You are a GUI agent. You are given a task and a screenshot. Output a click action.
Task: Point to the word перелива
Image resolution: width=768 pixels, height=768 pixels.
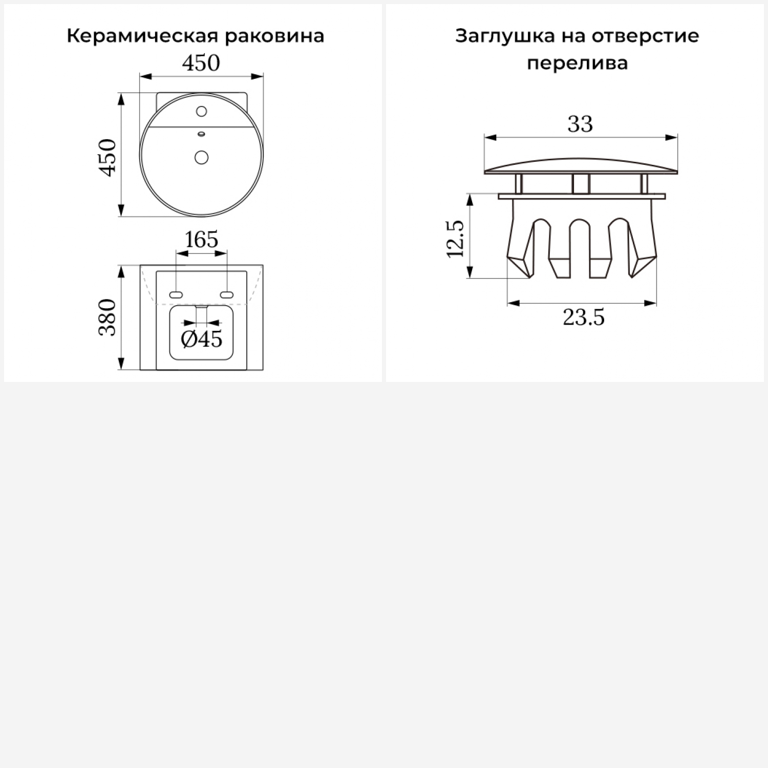577,63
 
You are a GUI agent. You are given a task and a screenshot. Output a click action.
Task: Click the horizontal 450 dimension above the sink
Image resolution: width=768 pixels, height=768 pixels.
201,63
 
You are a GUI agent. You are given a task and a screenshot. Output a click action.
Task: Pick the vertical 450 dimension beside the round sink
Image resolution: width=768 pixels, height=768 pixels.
108,157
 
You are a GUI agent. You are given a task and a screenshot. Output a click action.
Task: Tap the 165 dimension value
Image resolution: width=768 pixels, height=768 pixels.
201,239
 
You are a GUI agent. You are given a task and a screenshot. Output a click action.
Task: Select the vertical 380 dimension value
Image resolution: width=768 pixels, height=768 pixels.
108,317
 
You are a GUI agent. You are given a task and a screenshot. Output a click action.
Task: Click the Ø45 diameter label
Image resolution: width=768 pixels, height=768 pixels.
202,338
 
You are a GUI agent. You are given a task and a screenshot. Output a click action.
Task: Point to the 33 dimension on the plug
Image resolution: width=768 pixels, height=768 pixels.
580,124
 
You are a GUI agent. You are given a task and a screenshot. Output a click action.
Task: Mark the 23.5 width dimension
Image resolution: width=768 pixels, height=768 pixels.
584,317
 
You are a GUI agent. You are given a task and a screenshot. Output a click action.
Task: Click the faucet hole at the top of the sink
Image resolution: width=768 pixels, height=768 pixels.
201,111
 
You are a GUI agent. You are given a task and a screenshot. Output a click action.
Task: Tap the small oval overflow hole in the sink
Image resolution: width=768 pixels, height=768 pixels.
201,135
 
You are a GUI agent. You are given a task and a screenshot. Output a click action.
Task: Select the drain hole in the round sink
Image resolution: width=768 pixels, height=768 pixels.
201,157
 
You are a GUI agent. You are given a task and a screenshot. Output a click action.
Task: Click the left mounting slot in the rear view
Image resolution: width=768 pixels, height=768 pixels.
176,294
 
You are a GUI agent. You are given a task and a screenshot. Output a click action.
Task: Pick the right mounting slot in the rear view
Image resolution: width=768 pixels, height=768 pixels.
226,294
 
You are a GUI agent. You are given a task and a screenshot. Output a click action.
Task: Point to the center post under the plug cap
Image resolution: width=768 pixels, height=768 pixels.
581,184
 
